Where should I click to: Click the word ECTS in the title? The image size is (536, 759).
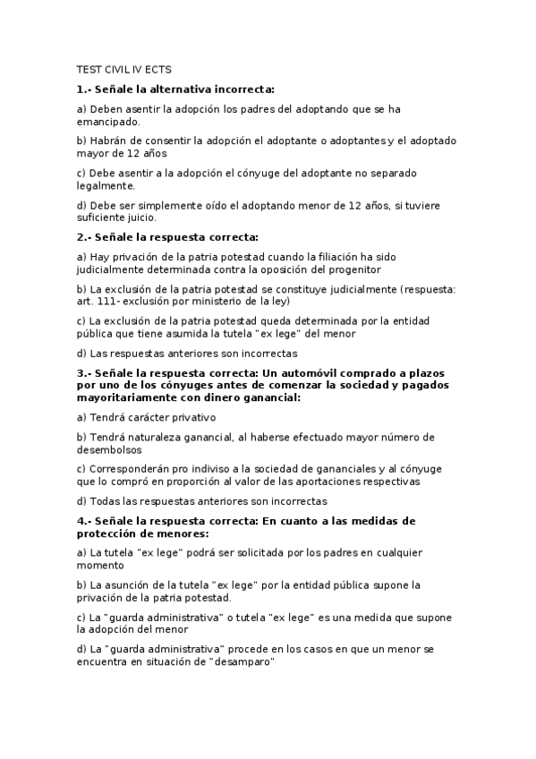coord(157,68)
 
